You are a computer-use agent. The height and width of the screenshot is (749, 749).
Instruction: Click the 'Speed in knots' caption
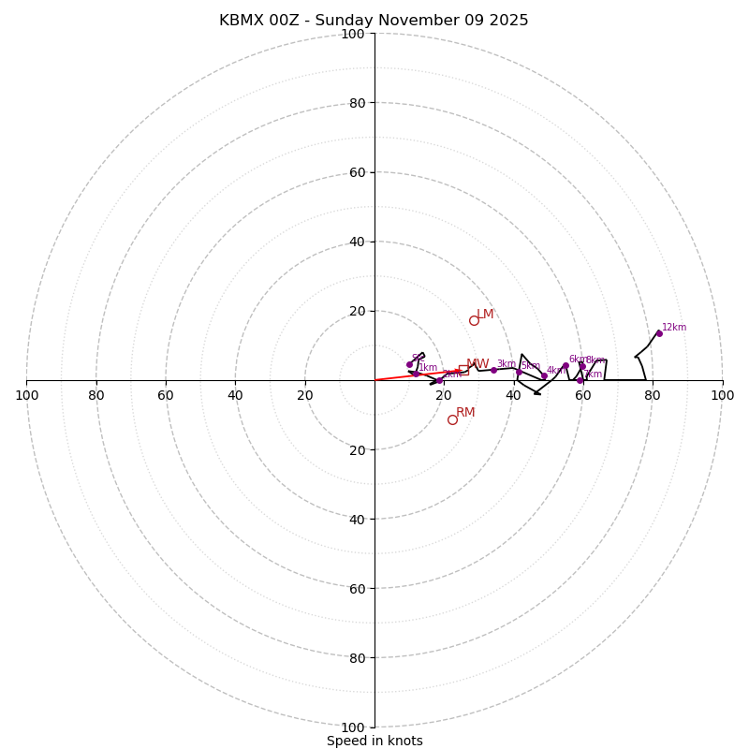[x=374, y=741]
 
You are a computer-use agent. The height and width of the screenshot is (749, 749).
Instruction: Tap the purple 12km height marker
[x=659, y=333]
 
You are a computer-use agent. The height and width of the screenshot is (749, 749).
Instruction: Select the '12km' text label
[x=674, y=327]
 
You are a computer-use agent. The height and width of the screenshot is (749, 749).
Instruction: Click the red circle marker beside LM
[x=474, y=320]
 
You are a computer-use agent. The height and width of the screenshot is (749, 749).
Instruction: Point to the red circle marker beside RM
[x=452, y=419]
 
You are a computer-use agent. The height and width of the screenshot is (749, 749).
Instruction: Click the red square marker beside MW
[x=463, y=371]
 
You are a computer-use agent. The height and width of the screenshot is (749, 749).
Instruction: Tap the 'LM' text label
[x=485, y=315]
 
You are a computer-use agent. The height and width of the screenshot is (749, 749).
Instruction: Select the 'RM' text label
[x=465, y=412]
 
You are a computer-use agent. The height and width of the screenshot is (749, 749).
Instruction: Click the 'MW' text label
[x=477, y=364]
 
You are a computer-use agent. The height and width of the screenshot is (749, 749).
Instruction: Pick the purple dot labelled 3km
[x=493, y=370]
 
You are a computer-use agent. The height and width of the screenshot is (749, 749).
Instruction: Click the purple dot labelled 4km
[x=544, y=376]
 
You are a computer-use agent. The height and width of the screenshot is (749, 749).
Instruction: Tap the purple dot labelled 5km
[x=519, y=372]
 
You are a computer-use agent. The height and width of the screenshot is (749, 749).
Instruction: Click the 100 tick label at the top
[x=353, y=34]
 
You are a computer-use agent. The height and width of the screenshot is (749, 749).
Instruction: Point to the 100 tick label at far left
[x=26, y=395]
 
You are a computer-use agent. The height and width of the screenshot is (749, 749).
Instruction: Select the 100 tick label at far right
[x=722, y=395]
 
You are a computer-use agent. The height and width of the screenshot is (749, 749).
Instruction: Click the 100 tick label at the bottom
[x=353, y=727]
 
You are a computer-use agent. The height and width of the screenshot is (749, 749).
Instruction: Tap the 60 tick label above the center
[x=356, y=172]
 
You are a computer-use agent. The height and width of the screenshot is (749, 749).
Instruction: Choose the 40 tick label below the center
[x=356, y=519]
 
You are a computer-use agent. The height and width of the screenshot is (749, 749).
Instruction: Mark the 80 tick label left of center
[x=96, y=395]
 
